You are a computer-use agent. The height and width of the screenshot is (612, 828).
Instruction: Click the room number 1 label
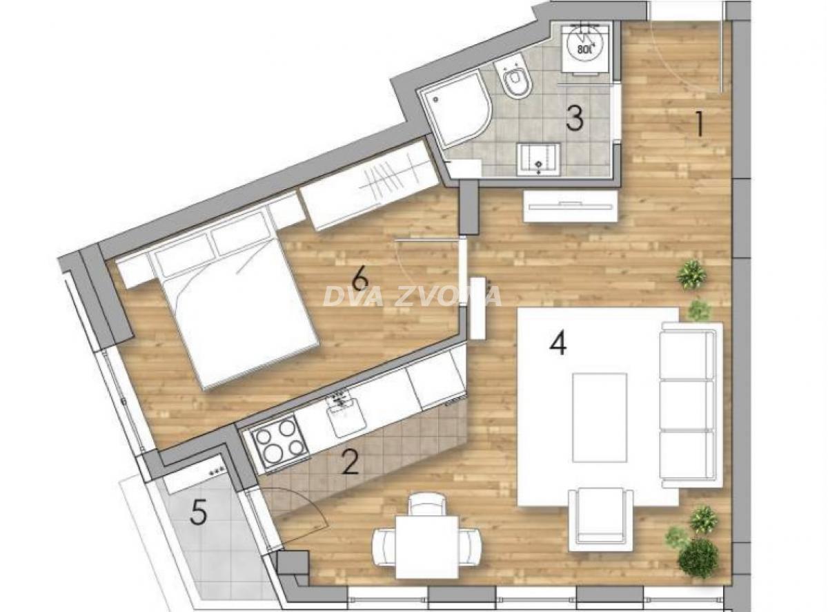(x=698, y=125)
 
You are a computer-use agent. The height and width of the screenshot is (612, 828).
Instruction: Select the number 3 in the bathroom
(x=574, y=117)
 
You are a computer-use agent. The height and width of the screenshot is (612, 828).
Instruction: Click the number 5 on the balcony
(x=199, y=513)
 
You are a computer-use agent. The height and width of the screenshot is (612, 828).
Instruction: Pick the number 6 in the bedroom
(x=359, y=280)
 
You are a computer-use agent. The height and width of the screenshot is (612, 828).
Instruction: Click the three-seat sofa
(x=688, y=404)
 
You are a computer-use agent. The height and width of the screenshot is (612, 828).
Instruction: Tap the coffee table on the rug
(x=600, y=417)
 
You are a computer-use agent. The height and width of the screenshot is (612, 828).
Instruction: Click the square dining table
(x=427, y=546)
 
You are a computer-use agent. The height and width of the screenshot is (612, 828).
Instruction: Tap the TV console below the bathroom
(x=570, y=207)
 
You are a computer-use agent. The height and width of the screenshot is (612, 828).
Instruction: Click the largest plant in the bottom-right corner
(x=698, y=556)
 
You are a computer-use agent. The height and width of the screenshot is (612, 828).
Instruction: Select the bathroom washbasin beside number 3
(x=539, y=158)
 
